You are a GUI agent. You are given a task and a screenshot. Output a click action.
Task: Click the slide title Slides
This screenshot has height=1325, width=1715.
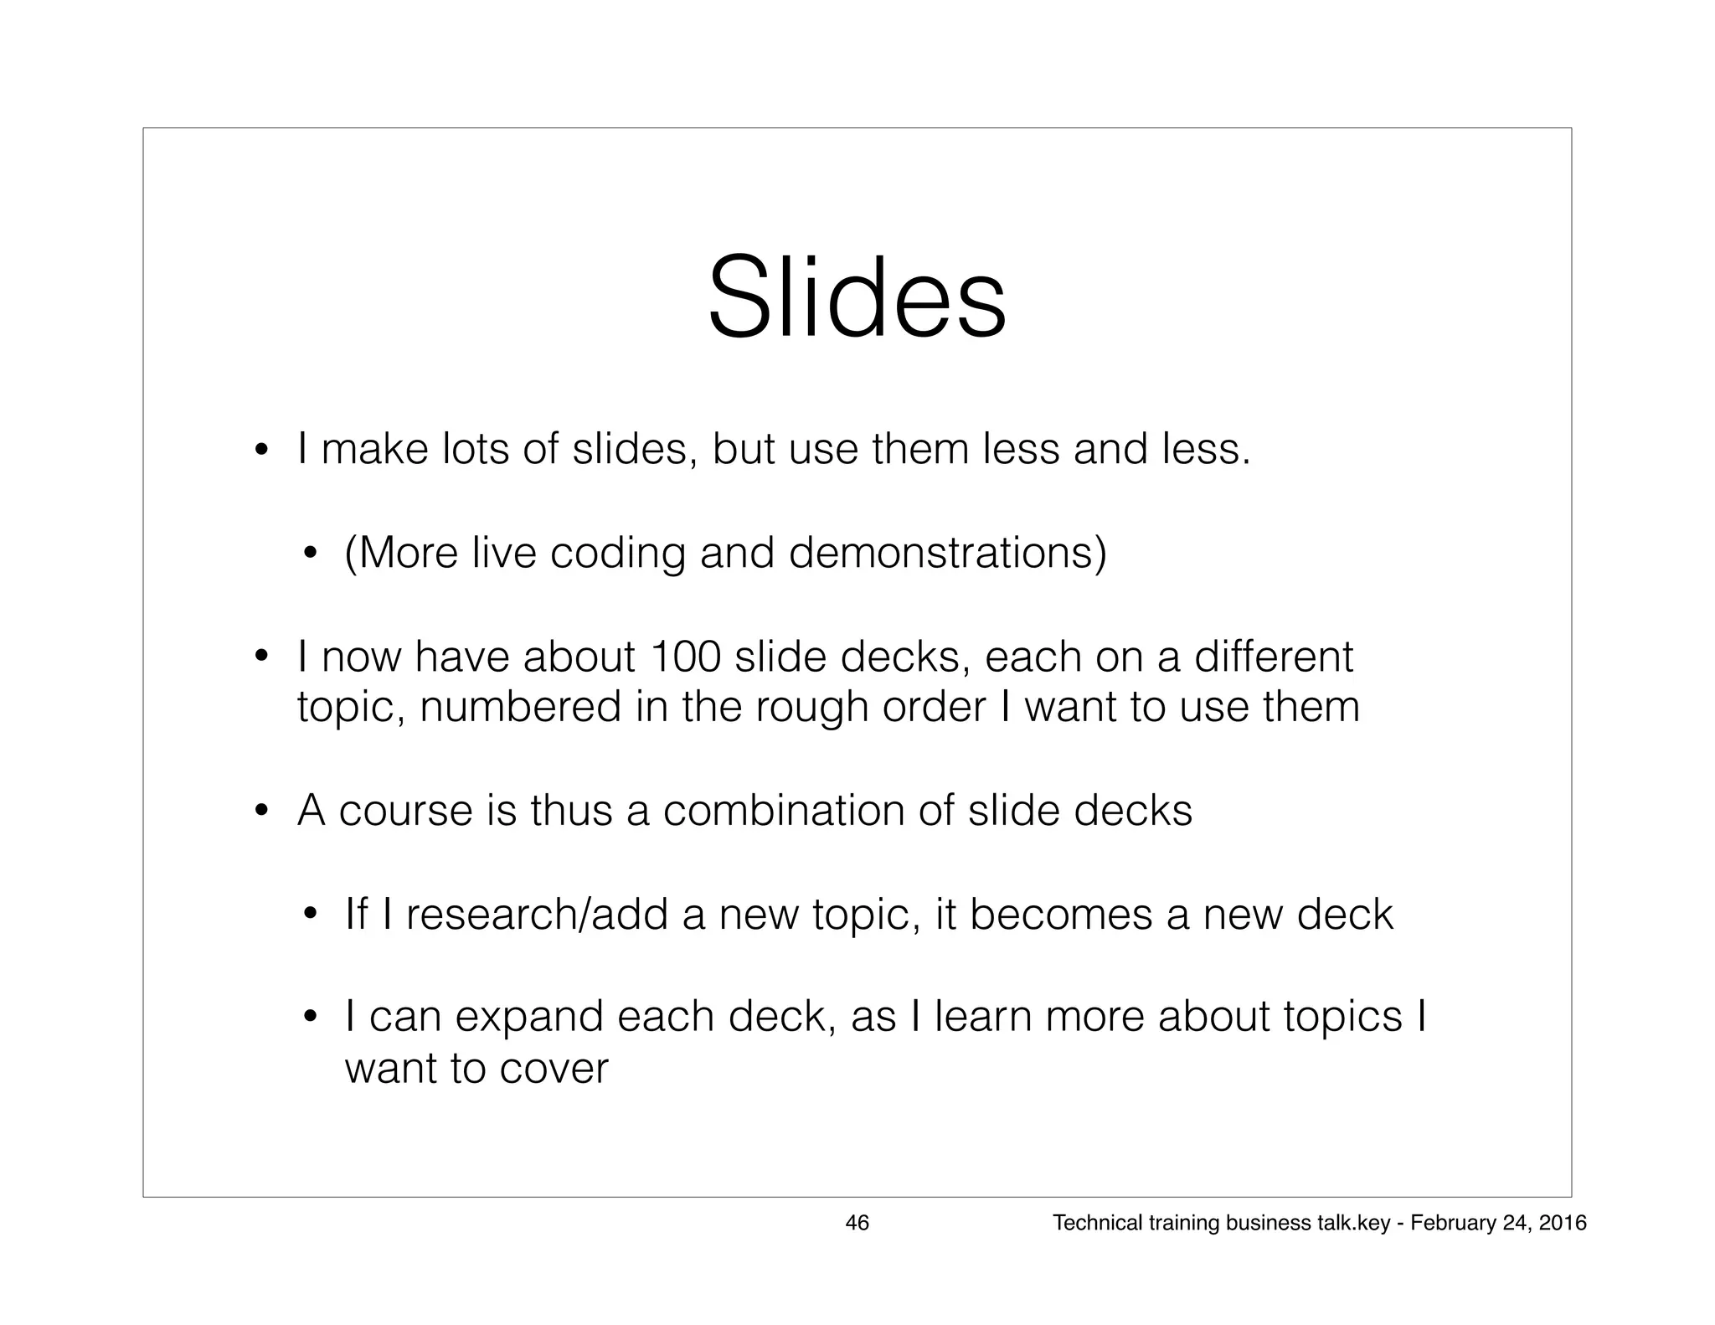pos(857,298)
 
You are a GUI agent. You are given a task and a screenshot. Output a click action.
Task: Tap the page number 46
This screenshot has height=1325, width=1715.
pos(857,1223)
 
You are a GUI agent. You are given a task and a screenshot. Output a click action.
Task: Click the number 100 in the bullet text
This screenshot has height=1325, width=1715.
pos(684,657)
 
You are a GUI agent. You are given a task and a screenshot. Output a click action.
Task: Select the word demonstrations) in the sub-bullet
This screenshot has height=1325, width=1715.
pos(947,553)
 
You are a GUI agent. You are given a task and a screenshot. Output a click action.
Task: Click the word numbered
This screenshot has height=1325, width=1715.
pos(520,707)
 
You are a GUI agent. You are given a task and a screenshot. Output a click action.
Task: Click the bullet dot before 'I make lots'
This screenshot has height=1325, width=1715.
pos(261,452)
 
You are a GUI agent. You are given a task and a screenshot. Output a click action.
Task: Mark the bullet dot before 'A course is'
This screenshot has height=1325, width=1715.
pos(261,812)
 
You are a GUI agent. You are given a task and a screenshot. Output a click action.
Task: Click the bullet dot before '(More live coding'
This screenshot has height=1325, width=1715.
pos(309,554)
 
